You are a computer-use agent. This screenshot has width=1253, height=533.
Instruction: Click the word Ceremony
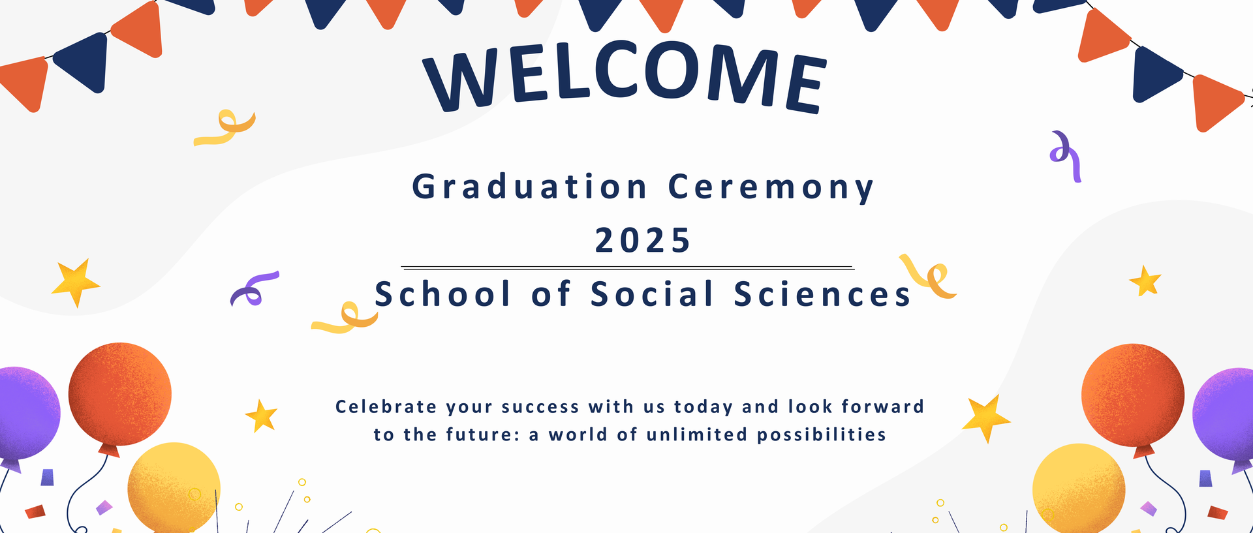771,188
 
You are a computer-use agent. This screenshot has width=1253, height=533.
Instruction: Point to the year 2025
643,241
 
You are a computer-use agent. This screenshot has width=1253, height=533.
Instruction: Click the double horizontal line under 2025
628,267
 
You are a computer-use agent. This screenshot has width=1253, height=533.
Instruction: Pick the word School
442,294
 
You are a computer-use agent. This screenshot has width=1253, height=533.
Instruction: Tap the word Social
653,294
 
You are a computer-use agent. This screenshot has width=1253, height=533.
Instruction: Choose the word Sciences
822,294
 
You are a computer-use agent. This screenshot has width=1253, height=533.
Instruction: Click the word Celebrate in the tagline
386,406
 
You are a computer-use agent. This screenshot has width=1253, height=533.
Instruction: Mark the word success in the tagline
540,408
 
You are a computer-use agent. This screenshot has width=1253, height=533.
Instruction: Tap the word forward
882,406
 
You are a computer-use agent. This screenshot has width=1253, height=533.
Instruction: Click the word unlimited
697,434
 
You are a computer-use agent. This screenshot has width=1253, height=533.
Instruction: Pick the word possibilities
822,435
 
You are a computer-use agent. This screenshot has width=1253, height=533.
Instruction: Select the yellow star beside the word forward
985,418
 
